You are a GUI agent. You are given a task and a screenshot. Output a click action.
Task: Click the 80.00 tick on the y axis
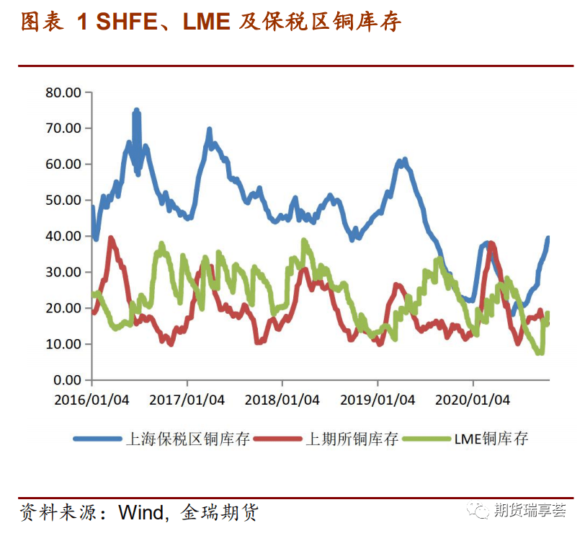click(x=63, y=92)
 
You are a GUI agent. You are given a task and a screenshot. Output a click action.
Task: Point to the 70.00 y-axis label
click(x=63, y=128)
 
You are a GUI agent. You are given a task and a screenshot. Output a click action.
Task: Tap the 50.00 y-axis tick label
click(x=63, y=200)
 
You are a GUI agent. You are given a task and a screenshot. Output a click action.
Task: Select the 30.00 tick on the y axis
click(x=63, y=272)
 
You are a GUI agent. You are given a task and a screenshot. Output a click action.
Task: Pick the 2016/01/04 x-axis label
click(x=93, y=400)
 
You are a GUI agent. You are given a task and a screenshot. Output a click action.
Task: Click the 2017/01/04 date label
click(x=187, y=400)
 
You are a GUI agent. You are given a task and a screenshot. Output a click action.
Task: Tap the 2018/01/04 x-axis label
click(x=282, y=400)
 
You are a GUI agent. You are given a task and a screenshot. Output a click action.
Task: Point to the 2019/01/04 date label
click(x=378, y=400)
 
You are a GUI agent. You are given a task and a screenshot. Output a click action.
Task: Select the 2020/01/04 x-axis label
click(x=473, y=400)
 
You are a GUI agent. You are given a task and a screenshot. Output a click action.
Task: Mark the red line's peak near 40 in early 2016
click(x=111, y=238)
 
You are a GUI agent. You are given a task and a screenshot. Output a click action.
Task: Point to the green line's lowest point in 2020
click(x=539, y=352)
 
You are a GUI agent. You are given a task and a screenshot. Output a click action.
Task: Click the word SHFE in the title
click(x=127, y=22)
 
